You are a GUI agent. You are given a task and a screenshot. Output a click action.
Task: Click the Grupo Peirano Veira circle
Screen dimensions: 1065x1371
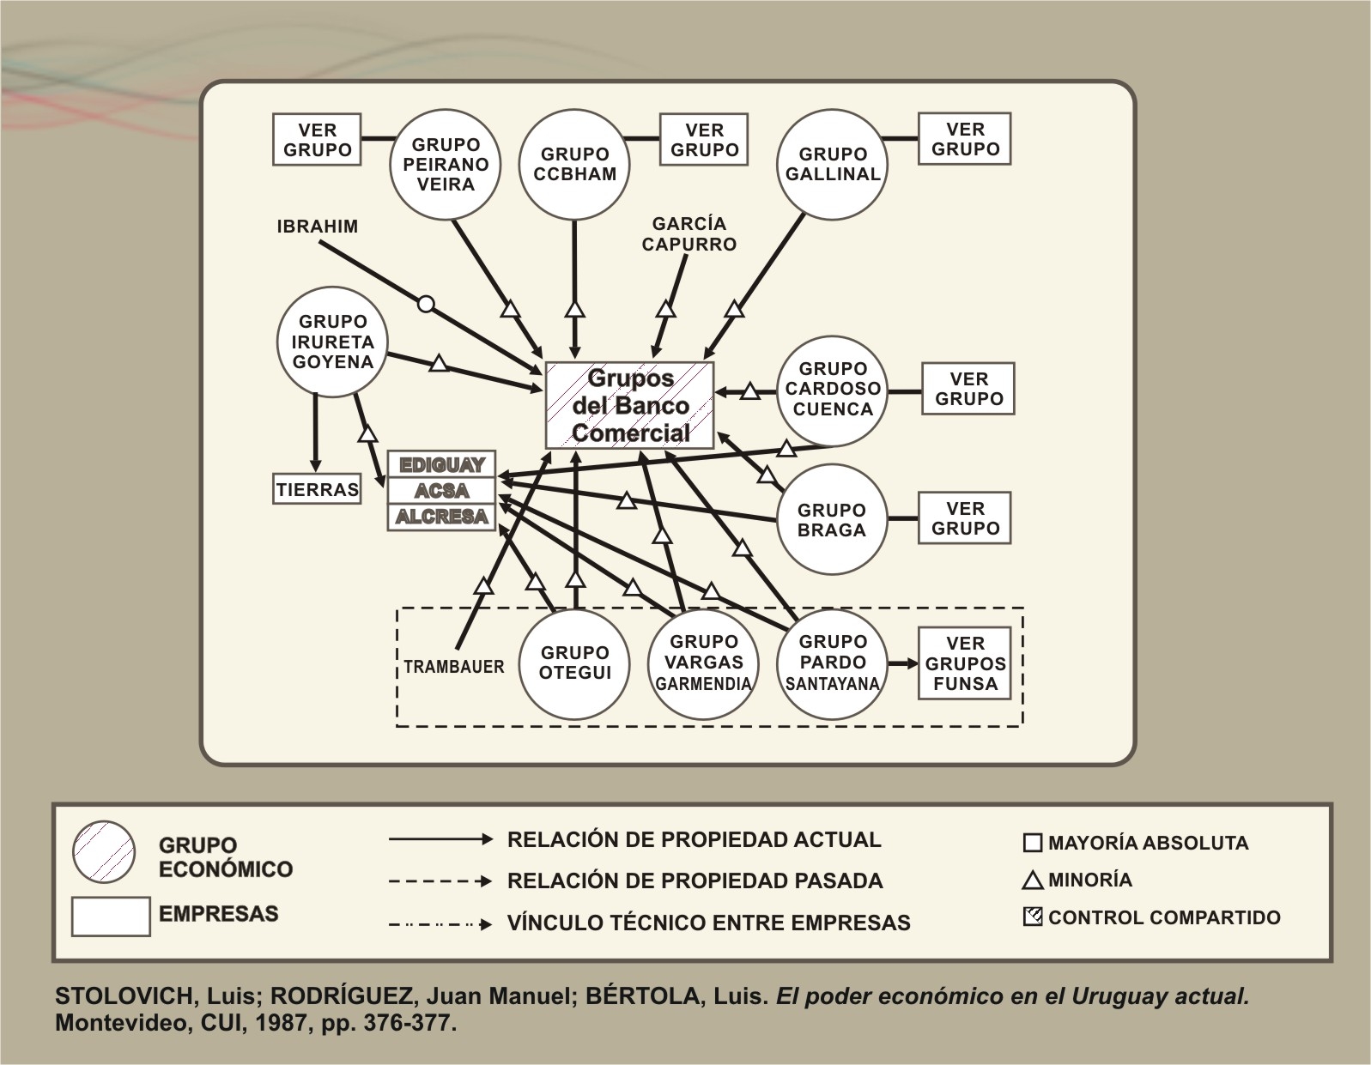[x=446, y=164]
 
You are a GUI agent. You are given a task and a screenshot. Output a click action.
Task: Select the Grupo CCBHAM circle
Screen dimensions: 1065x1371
[x=574, y=164]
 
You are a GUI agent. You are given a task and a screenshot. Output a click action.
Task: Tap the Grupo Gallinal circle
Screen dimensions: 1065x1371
[x=832, y=164]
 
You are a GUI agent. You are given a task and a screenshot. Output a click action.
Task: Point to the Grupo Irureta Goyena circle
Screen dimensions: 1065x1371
[x=332, y=342]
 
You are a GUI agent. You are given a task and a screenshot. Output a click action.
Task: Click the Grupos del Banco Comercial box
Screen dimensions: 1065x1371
[x=630, y=405]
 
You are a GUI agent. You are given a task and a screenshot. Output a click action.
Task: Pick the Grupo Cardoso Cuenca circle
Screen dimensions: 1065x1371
[x=831, y=389]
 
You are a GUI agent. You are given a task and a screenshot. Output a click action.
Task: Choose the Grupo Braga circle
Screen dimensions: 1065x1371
[x=831, y=519]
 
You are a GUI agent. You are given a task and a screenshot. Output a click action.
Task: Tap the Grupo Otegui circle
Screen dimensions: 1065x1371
[x=574, y=663]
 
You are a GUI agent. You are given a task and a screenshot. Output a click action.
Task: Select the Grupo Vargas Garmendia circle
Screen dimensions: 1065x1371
[x=703, y=663]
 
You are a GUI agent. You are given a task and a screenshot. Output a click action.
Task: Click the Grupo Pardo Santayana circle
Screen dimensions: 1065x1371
[x=832, y=663]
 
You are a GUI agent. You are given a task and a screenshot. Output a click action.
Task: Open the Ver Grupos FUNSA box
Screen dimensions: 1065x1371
[x=965, y=663]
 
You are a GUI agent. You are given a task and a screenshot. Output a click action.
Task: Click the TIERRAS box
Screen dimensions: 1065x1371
[x=317, y=490]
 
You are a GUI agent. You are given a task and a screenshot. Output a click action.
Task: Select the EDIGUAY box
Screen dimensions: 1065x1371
[x=441, y=465]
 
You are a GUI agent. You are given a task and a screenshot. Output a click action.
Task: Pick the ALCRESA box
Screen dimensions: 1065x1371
[x=441, y=517]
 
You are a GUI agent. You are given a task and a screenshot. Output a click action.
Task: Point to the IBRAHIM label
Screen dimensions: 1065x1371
[x=317, y=227]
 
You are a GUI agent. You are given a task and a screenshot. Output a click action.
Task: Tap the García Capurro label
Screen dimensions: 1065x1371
[x=689, y=233]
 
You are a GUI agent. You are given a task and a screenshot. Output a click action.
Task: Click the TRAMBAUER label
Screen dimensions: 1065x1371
[x=453, y=667]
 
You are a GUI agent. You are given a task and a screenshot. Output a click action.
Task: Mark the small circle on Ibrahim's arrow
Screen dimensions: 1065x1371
[x=426, y=304]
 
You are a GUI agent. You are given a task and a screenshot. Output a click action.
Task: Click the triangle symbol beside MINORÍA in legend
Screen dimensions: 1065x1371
[x=1034, y=880]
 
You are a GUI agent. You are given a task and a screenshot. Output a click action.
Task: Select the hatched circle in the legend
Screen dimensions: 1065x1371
[x=104, y=852]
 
